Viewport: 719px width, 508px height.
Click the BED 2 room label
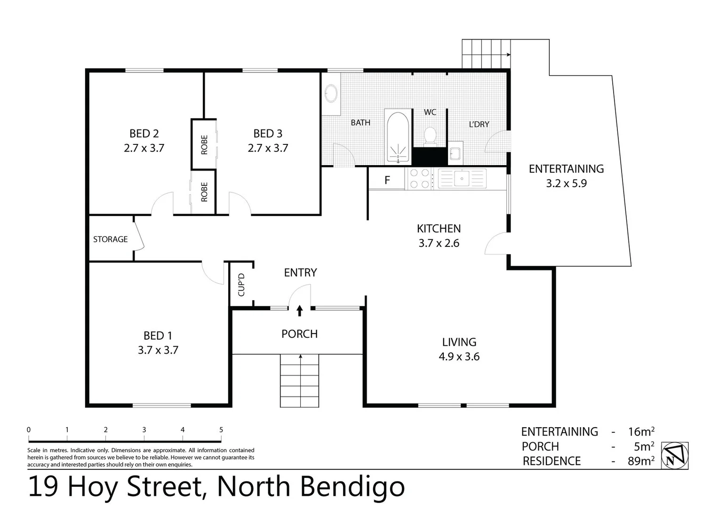click(144, 134)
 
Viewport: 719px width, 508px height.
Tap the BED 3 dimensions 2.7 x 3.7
click(268, 148)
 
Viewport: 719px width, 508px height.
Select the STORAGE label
click(110, 239)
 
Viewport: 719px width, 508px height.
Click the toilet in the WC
click(430, 136)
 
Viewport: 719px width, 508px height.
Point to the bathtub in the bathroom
click(398, 136)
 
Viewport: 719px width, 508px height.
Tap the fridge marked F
click(387, 180)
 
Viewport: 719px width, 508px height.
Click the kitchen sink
click(462, 179)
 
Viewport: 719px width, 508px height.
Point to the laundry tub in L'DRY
click(455, 153)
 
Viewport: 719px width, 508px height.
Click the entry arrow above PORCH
click(299, 310)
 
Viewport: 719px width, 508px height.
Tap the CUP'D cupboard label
click(241, 285)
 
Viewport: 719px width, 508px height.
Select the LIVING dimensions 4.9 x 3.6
click(459, 357)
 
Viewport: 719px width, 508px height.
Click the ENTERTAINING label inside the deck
click(566, 169)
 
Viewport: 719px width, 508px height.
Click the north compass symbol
click(675, 455)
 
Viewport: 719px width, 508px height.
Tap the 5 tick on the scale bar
click(221, 430)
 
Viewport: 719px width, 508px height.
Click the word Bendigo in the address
click(352, 487)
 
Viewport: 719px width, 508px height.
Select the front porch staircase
click(300, 381)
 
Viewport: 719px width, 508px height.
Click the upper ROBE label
click(204, 144)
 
